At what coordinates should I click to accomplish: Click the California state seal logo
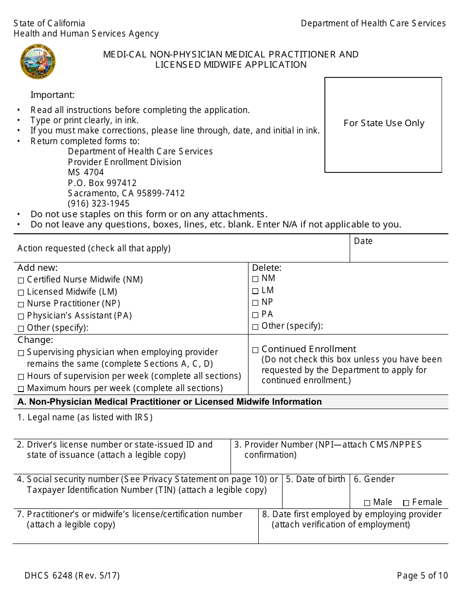pyautogui.click(x=37, y=62)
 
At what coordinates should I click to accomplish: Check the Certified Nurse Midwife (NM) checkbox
pyautogui.click(x=20, y=281)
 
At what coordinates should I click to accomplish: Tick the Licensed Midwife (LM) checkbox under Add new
pyautogui.click(x=20, y=293)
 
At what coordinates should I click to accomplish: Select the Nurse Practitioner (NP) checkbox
pyautogui.click(x=20, y=304)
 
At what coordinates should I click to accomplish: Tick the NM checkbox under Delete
pyautogui.click(x=255, y=279)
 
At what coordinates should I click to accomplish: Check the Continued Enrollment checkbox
pyautogui.click(x=255, y=350)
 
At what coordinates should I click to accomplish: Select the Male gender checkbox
pyautogui.click(x=367, y=503)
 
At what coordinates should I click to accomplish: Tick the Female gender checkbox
pyautogui.click(x=406, y=503)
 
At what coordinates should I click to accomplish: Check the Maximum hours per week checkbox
pyautogui.click(x=20, y=389)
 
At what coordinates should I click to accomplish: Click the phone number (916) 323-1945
pyautogui.click(x=99, y=204)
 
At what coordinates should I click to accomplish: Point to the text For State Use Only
pyautogui.click(x=384, y=123)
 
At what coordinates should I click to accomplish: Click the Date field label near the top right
pyautogui.click(x=363, y=241)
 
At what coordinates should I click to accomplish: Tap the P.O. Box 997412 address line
pyautogui.click(x=102, y=183)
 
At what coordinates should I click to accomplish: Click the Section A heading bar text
pyautogui.click(x=169, y=402)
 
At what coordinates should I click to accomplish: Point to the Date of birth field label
pyautogui.click(x=316, y=479)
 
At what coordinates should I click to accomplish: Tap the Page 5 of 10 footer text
pyautogui.click(x=422, y=576)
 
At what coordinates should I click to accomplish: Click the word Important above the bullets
pyautogui.click(x=53, y=95)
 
